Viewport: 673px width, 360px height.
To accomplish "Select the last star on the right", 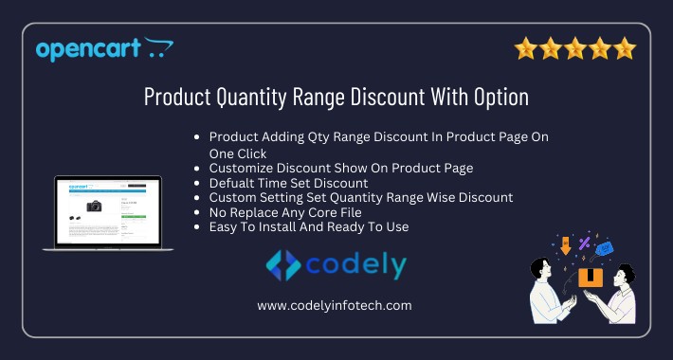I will [x=625, y=48].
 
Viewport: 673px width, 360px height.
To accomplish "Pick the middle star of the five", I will [x=574, y=48].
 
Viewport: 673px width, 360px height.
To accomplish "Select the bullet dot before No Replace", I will [x=195, y=212].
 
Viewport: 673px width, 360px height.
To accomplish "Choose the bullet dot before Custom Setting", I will [x=195, y=197].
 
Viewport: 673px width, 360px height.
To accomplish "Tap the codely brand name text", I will [x=355, y=263].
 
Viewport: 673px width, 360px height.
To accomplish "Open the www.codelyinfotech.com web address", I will [x=335, y=305].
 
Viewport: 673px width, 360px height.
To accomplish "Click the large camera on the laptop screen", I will [x=94, y=206].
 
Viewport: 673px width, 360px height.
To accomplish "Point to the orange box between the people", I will [x=591, y=277].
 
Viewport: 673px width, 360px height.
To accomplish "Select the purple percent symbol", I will [x=584, y=243].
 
